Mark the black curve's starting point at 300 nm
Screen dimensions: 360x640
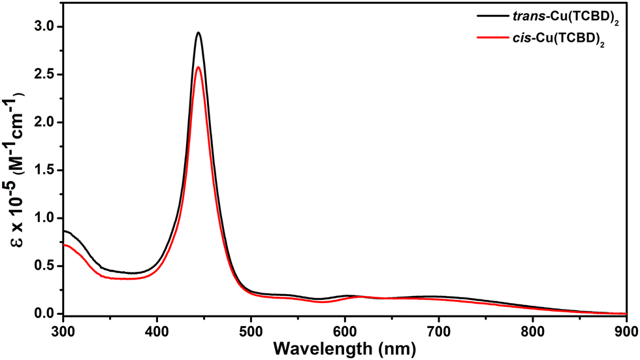(63, 231)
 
